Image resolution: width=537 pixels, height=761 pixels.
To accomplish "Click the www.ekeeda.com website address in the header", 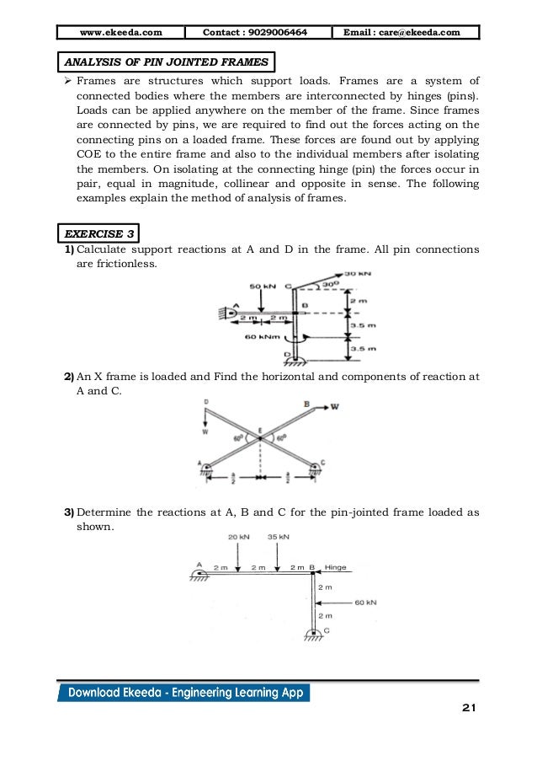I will [x=121, y=32].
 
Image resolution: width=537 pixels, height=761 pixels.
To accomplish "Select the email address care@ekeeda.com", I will [x=408, y=32].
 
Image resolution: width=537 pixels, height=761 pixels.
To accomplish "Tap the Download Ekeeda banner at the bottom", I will [x=184, y=693].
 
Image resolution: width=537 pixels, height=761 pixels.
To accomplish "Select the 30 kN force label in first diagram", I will [x=359, y=274].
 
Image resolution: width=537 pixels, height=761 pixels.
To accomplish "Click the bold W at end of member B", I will [x=336, y=406].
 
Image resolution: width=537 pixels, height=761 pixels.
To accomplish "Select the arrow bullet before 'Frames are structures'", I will [x=68, y=82].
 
